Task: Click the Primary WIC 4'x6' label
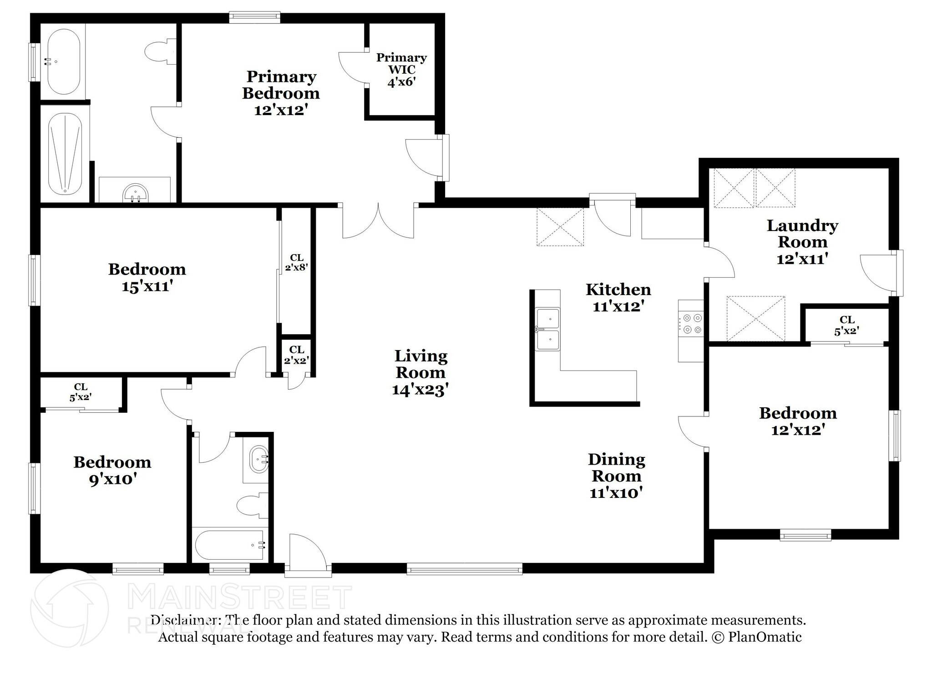pyautogui.click(x=401, y=70)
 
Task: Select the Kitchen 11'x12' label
pyautogui.click(x=618, y=297)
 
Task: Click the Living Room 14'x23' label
pyautogui.click(x=420, y=372)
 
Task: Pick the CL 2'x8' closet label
pyautogui.click(x=297, y=263)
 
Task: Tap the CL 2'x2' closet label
pyautogui.click(x=297, y=355)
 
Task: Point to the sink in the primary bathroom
pyautogui.click(x=135, y=194)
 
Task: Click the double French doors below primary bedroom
pyautogui.click(x=378, y=221)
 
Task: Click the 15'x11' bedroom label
pyautogui.click(x=147, y=277)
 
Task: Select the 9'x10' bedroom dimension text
pyautogui.click(x=113, y=479)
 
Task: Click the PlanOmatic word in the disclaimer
pyautogui.click(x=765, y=637)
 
